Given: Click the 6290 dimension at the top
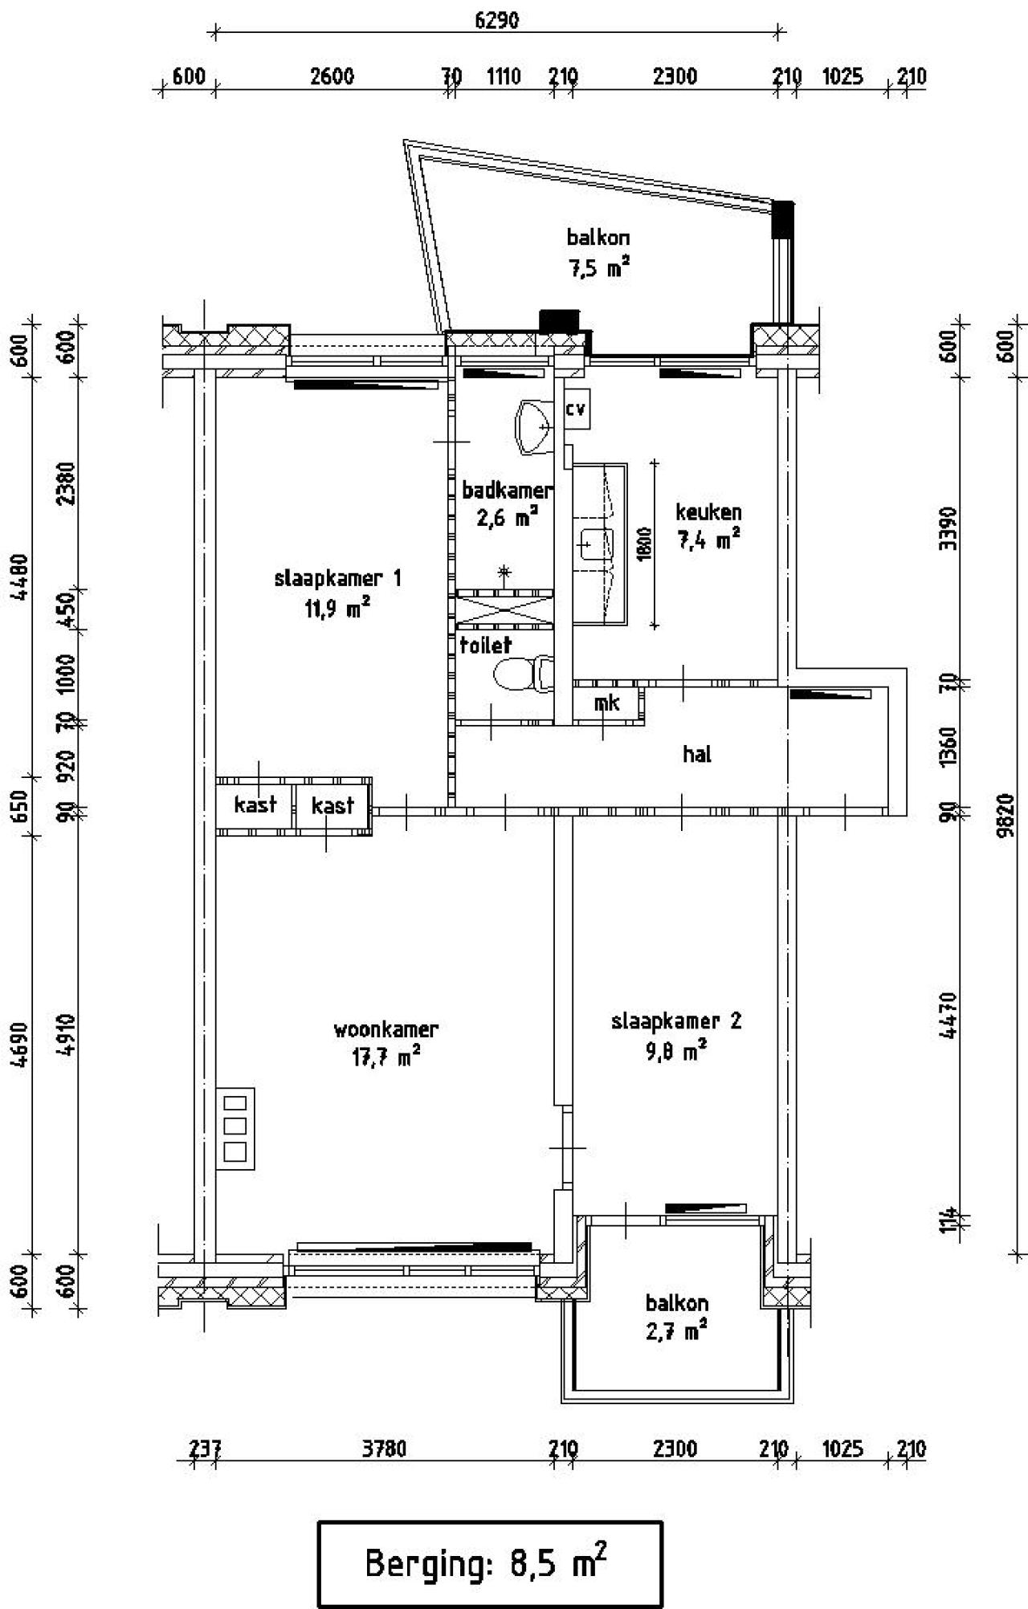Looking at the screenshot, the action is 496,19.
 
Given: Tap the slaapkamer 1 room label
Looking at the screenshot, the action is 337,578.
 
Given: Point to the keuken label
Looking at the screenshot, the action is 708,511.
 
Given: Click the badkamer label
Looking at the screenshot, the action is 507,490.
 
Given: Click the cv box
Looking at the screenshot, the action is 576,409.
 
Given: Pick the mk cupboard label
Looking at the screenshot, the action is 607,703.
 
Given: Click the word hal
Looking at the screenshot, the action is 697,754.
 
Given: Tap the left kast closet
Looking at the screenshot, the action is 255,805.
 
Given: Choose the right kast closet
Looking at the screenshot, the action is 333,805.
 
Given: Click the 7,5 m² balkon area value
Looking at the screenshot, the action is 598,267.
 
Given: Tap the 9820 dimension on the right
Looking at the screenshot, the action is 1007,816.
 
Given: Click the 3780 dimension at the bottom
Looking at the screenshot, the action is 385,1449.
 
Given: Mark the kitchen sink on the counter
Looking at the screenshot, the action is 595,545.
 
